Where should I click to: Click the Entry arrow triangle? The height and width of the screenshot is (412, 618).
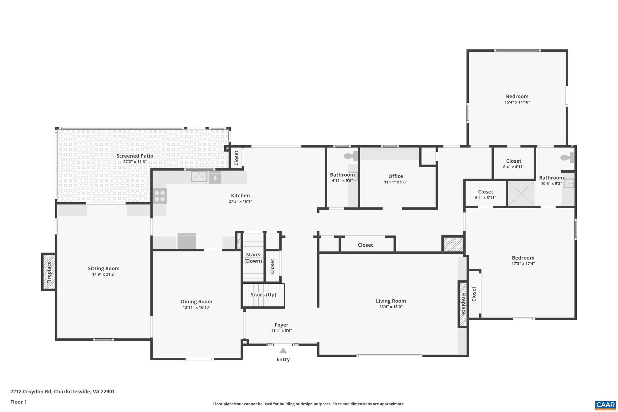(x=283, y=351)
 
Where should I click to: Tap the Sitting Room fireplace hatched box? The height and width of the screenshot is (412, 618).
(x=49, y=272)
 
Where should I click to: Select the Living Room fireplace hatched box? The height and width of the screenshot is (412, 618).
(x=463, y=304)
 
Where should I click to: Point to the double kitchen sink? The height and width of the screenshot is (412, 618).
(x=199, y=176)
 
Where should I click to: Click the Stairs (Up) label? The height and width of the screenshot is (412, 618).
(x=263, y=295)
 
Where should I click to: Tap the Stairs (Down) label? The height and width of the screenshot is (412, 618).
(x=253, y=258)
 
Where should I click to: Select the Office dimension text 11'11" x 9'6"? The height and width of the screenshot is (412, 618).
(x=395, y=182)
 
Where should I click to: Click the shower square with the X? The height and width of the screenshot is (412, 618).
(x=521, y=193)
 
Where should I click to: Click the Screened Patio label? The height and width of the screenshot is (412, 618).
(x=135, y=156)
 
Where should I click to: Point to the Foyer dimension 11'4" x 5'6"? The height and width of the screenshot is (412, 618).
(x=281, y=331)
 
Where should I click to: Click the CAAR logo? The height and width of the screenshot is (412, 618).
(x=605, y=405)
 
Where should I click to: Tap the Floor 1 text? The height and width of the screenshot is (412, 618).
(x=19, y=402)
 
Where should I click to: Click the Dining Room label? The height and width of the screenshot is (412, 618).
(x=196, y=302)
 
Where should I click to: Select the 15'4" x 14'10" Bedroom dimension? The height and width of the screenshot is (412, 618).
(x=517, y=102)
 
